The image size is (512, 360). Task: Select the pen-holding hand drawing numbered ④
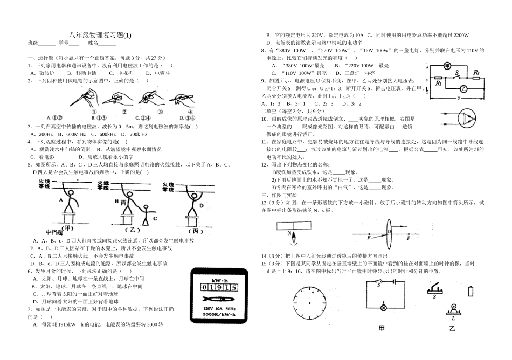[182, 98]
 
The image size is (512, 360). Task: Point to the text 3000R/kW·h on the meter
[218, 314]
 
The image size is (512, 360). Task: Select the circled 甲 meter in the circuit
[447, 65]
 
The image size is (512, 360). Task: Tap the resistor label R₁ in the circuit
[439, 84]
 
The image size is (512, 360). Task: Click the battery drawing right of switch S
[473, 292]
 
